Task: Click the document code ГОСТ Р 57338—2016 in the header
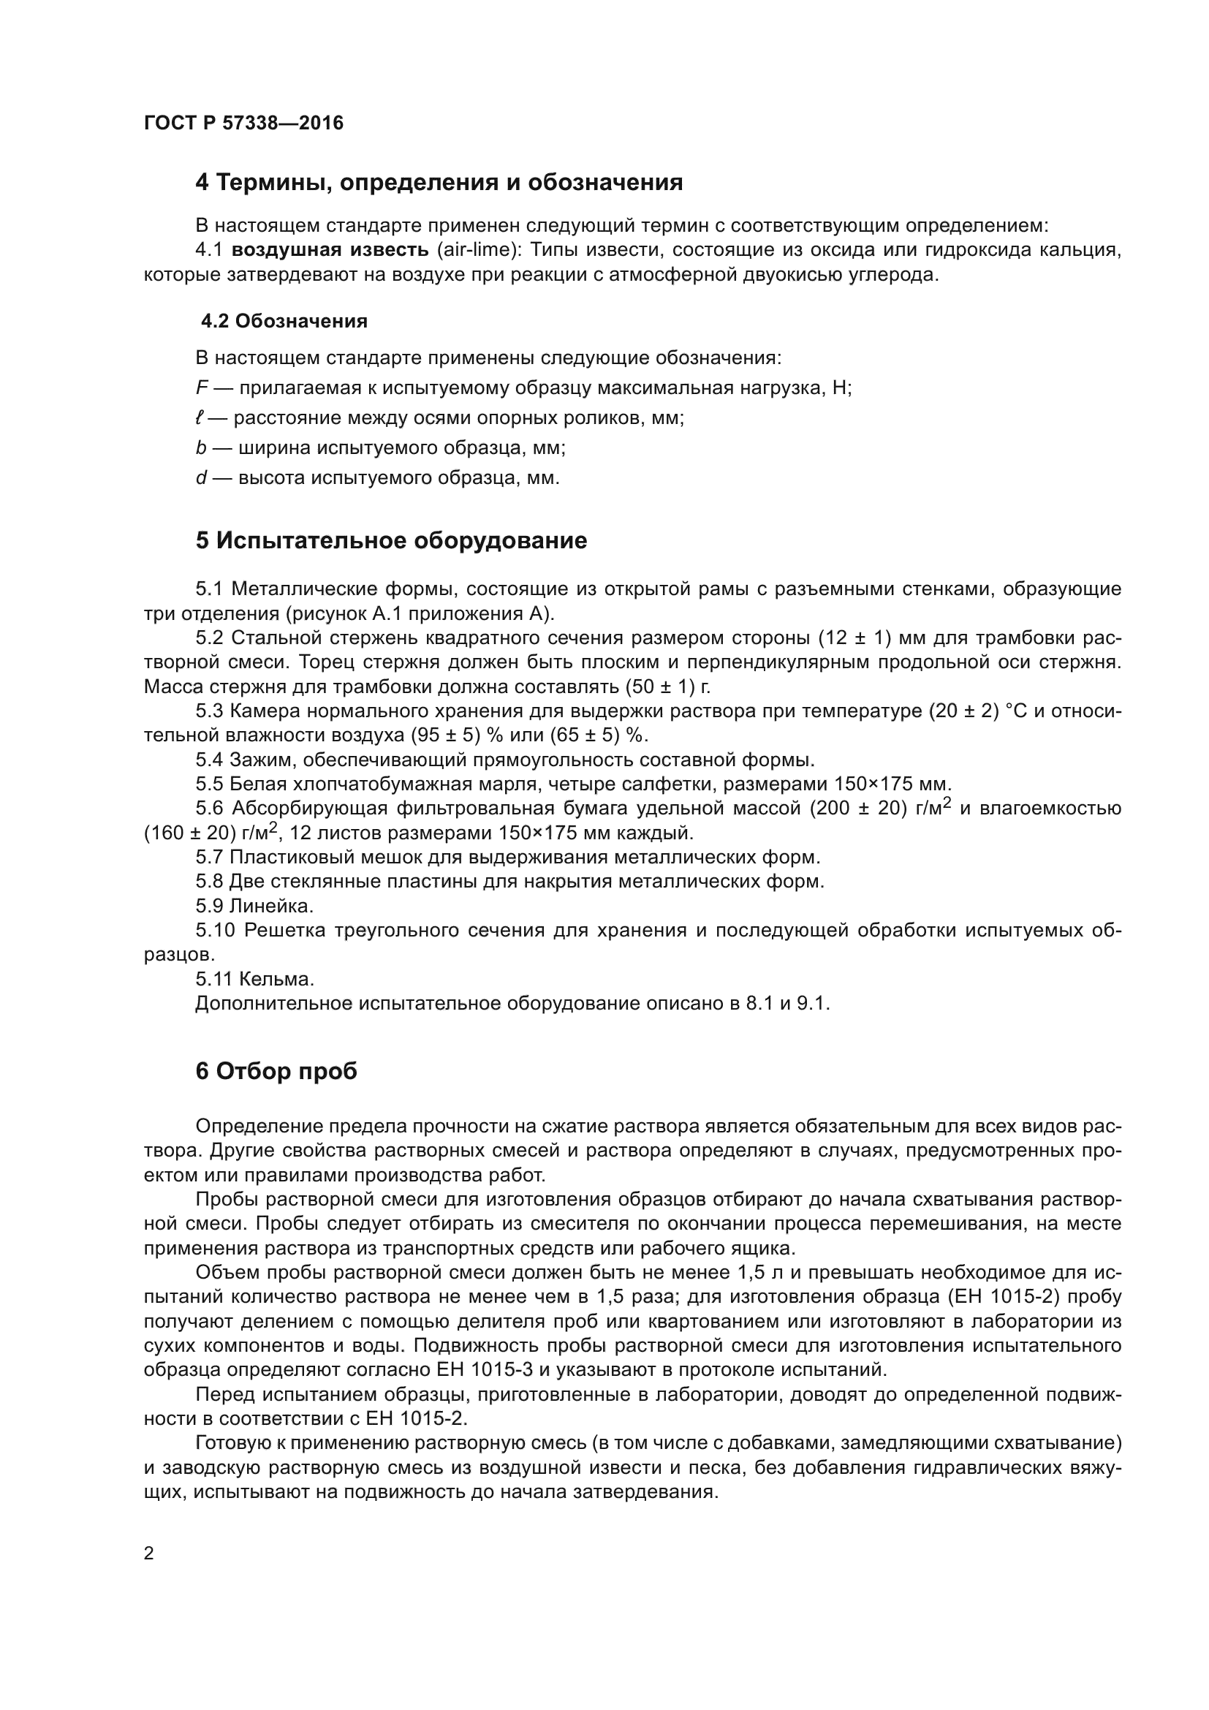[243, 124]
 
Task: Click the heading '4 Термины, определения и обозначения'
[439, 183]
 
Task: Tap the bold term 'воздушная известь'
[330, 250]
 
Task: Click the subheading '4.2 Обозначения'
[284, 322]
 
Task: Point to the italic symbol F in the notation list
[200, 388]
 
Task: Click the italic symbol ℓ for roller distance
[199, 418]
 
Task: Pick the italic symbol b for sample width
[200, 447]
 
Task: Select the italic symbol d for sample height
[200, 477]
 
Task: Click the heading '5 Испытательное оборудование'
[391, 541]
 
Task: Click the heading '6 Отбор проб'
[276, 1072]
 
